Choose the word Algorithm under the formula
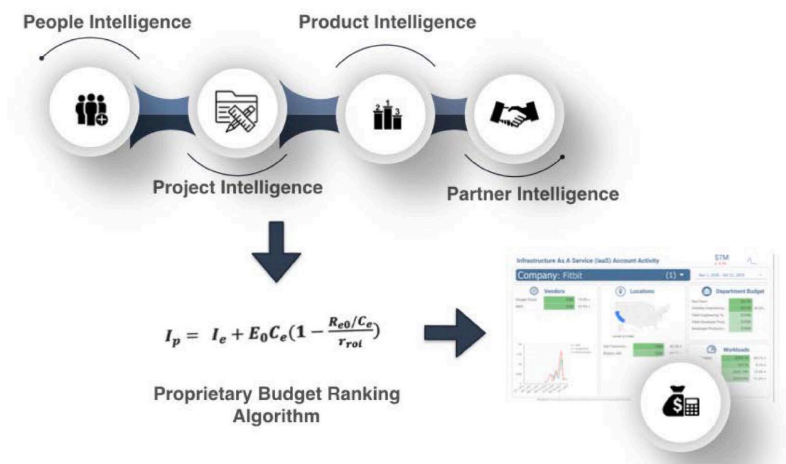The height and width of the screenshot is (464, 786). tap(276, 416)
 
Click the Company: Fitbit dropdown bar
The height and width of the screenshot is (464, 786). tap(602, 275)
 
